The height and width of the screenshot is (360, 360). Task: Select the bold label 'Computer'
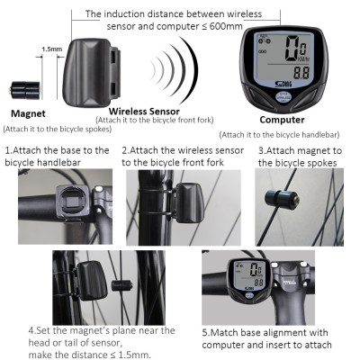pyautogui.click(x=282, y=119)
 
